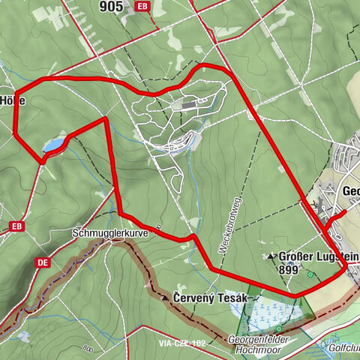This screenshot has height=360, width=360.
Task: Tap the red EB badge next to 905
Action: click(x=142, y=7)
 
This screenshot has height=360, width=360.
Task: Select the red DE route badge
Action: click(x=43, y=262)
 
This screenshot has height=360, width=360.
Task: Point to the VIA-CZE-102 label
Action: click(x=181, y=343)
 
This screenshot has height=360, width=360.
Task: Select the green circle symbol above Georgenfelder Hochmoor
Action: click(x=278, y=328)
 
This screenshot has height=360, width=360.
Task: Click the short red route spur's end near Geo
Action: click(x=346, y=212)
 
